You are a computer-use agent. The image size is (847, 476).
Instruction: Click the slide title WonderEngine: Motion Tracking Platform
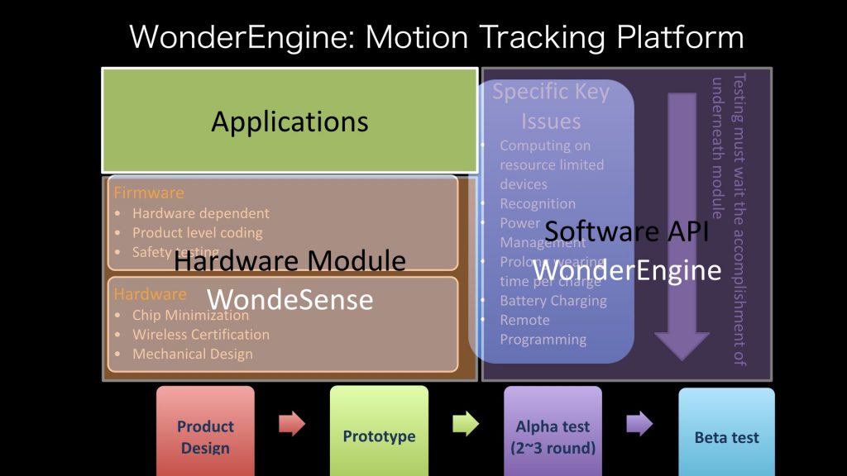(437, 37)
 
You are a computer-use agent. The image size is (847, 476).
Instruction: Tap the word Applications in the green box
(290, 121)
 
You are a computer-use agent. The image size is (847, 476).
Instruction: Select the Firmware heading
(149, 193)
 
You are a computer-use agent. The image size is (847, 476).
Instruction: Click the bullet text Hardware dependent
(200, 213)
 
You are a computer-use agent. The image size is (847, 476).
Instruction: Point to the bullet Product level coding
(197, 233)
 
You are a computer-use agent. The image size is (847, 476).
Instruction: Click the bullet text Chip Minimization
(190, 315)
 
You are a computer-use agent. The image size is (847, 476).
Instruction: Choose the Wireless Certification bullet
(200, 335)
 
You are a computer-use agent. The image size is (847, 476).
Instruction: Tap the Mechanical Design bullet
(192, 354)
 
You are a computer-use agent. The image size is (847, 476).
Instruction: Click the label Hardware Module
(290, 262)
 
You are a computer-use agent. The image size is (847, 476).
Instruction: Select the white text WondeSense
(290, 300)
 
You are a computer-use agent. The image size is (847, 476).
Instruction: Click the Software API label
(626, 232)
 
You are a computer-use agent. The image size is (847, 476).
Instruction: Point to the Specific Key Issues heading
(551, 107)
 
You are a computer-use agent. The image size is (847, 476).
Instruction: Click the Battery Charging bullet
(553, 301)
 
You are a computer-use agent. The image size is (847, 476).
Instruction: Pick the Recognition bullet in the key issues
(537, 203)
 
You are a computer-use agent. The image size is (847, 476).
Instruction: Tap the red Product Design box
(206, 431)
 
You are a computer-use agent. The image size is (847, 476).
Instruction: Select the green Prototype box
(379, 431)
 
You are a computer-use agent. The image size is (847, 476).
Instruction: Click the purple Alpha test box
(553, 431)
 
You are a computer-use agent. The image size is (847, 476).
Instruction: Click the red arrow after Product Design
(292, 424)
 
